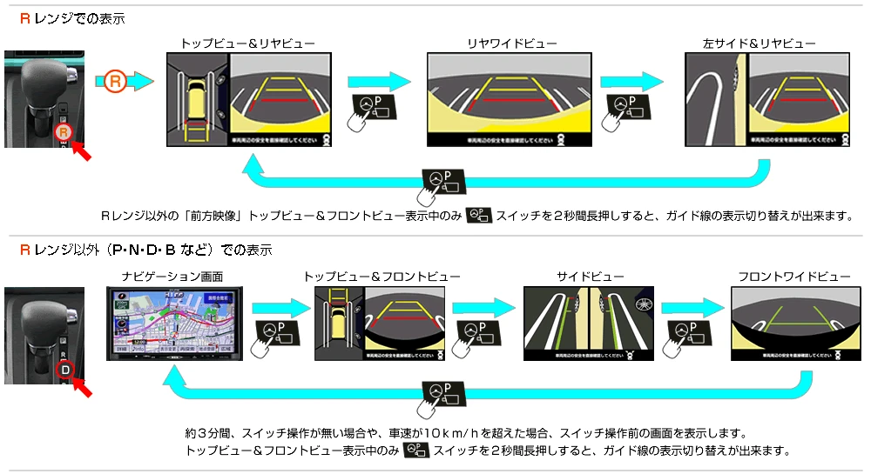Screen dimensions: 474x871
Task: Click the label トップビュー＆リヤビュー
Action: pos(247,43)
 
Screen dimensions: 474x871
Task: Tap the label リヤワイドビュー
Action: pos(511,43)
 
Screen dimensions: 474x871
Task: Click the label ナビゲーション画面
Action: pos(174,277)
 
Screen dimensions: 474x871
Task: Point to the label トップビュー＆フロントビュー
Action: pos(381,277)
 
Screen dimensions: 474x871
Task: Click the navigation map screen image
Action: pos(174,323)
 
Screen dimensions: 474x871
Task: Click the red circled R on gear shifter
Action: pos(62,133)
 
